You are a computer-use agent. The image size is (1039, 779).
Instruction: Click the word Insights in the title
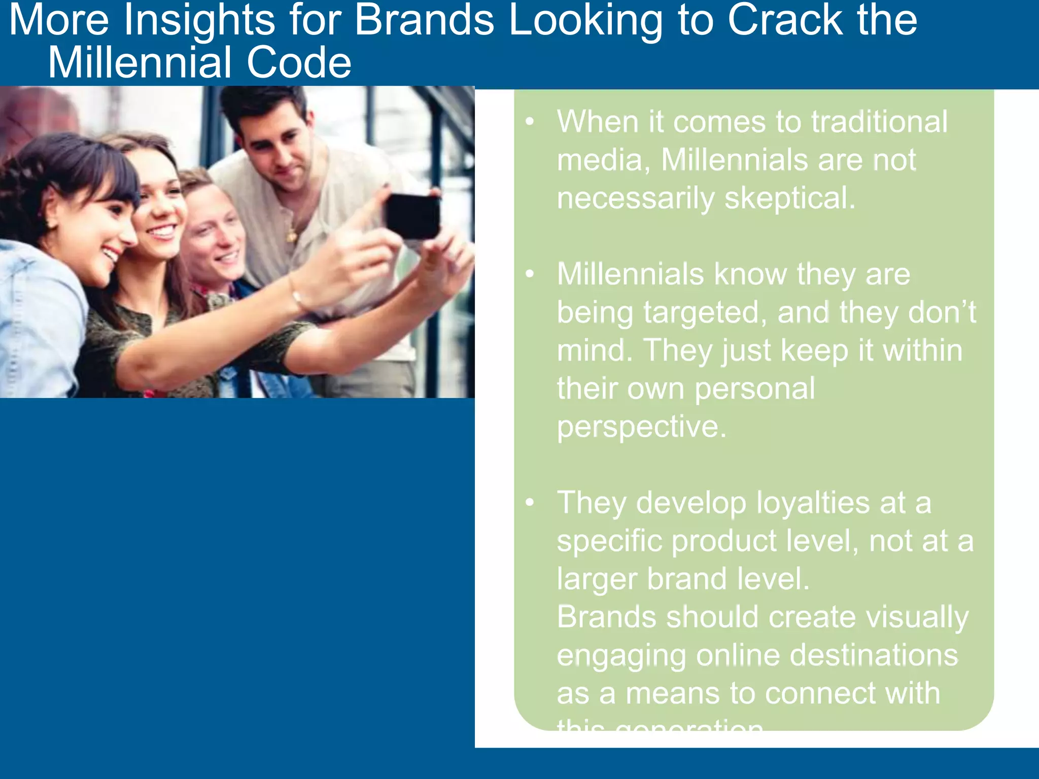tap(199, 20)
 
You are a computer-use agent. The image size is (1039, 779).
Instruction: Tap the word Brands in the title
tap(424, 20)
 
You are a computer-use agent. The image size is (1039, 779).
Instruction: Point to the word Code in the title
tap(299, 63)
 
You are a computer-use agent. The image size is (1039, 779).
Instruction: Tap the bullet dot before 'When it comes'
tap(530, 122)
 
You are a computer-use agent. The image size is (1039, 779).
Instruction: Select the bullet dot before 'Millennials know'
tap(530, 274)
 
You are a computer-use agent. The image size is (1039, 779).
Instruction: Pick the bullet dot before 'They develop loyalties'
tap(530, 502)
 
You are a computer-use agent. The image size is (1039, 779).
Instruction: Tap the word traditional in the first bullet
tap(879, 122)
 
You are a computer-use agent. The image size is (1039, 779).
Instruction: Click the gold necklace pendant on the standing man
tap(292, 235)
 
